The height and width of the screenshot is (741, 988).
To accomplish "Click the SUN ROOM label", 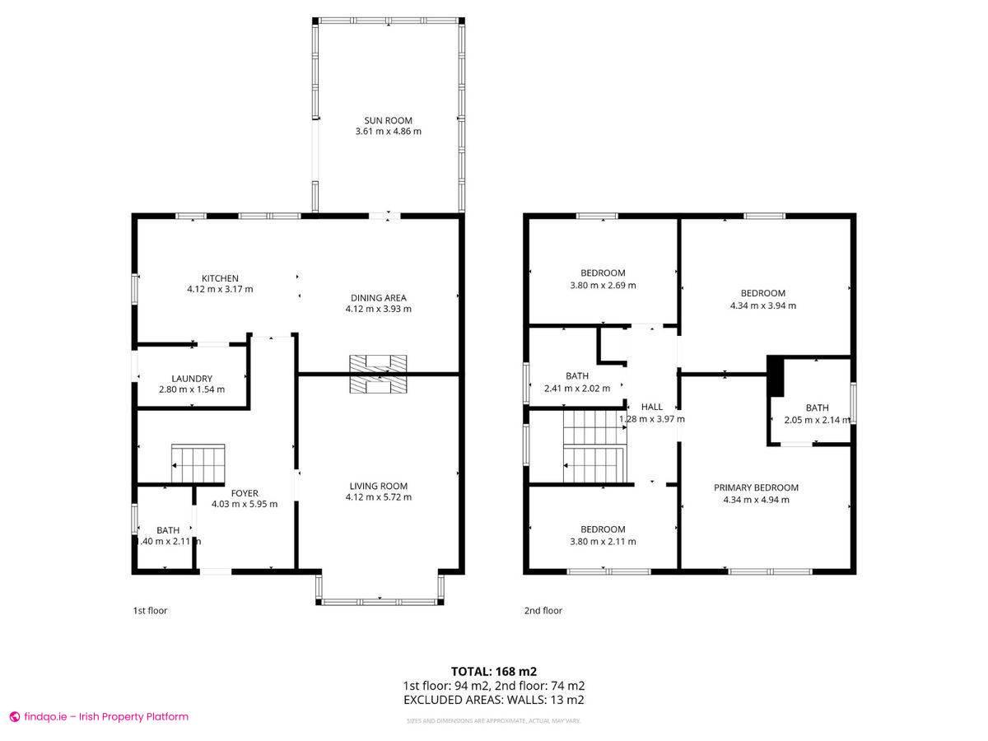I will pos(389,120).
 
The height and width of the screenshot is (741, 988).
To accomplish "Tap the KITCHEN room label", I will pos(220,278).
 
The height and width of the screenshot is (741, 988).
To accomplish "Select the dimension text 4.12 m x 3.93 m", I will pos(378,309).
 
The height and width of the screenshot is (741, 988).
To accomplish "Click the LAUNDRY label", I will pos(191,379).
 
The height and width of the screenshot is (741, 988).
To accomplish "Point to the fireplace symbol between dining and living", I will pos(378,374).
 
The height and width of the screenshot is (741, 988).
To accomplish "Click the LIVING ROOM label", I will pos(378,486).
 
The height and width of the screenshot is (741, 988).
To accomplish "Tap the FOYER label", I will pos(245,493).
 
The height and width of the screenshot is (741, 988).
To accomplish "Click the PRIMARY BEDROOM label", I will pos(756,487).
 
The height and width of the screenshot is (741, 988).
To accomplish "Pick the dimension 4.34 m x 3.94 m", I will pos(762,305).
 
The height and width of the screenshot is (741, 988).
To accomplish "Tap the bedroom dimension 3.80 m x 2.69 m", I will pos(603,286).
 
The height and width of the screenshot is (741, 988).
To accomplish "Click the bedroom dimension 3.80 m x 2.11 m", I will pos(603,542).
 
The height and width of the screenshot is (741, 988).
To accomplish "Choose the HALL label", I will pos(651,407).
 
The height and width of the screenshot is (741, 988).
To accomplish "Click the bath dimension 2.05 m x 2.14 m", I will pos(817,420).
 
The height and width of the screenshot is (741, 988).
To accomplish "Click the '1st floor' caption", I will pos(150,611).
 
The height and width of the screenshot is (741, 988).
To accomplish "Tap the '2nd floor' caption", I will pos(543,611).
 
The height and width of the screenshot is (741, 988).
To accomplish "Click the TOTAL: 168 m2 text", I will pos(493,671).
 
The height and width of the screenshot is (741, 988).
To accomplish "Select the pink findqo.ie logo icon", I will pos(14,717).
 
